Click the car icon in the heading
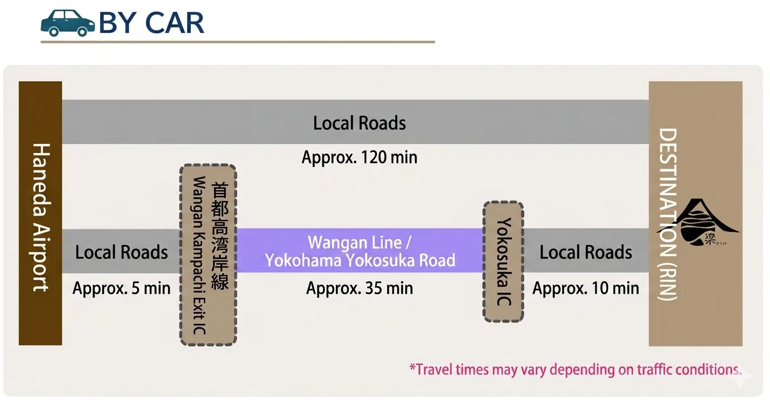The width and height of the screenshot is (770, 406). coord(68,23)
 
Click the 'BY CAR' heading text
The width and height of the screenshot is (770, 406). coord(151,23)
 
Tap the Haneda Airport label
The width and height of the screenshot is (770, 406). coord(41,216)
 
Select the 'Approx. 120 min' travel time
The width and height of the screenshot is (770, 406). coord(360,157)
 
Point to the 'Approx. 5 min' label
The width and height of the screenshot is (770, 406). coord(122,288)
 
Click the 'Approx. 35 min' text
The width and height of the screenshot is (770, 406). coord(360,288)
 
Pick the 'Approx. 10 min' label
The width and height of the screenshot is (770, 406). coord(586,288)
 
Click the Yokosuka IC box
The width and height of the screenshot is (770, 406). coord(503,262)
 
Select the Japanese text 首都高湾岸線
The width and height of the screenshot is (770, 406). coord(220,236)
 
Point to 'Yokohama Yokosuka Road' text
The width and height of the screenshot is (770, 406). coord(360,261)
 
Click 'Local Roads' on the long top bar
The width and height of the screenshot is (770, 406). coord(360,123)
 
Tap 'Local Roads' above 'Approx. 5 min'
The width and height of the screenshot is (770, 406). coord(122,252)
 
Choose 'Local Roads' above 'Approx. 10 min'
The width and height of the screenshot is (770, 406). coord(586,252)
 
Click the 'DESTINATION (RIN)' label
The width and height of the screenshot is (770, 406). coord(668,214)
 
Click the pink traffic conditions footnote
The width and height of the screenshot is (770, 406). coord(575,370)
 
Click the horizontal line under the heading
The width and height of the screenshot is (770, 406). coord(238,42)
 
